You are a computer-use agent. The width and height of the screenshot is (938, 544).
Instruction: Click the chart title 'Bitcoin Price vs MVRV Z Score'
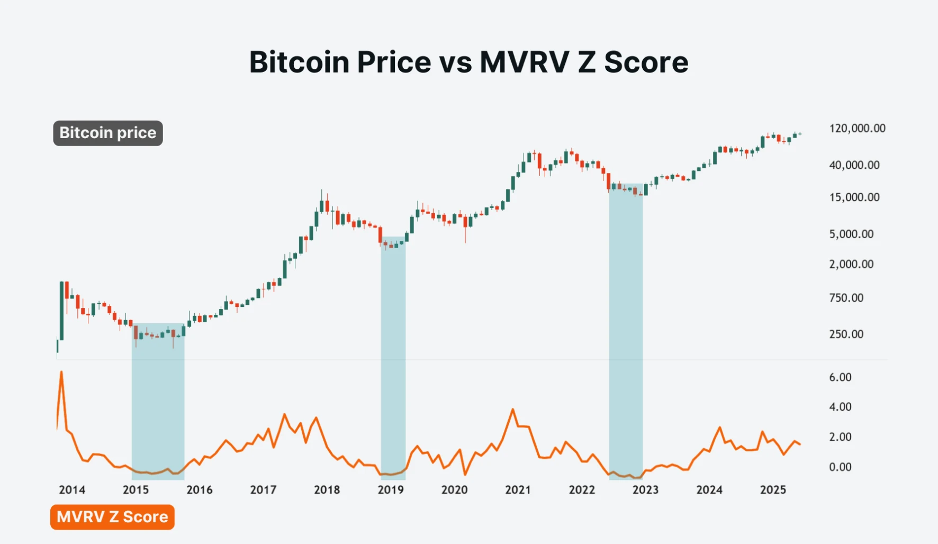(x=468, y=62)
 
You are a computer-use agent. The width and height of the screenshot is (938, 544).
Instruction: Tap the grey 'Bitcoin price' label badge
(x=108, y=133)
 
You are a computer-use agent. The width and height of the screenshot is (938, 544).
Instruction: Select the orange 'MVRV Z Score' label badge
(x=112, y=516)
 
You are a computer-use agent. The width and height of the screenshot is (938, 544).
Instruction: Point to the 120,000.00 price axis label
(x=857, y=129)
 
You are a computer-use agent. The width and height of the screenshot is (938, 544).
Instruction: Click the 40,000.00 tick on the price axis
(x=854, y=165)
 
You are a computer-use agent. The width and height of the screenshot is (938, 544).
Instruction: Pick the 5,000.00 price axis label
(x=851, y=234)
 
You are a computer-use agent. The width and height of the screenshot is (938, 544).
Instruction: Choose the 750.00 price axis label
(x=846, y=298)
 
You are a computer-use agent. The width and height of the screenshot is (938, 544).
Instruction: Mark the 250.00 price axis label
(x=846, y=334)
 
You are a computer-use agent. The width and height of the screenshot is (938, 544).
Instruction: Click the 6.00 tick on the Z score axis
(x=840, y=377)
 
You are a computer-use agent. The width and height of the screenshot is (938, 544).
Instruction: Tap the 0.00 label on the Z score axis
(x=840, y=467)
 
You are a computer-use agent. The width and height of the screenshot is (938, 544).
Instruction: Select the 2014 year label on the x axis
(x=72, y=490)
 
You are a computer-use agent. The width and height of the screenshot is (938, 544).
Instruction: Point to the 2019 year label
(x=391, y=490)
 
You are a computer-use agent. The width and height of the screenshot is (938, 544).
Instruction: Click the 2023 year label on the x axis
(x=645, y=490)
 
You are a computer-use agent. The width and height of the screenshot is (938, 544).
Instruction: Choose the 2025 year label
(x=773, y=490)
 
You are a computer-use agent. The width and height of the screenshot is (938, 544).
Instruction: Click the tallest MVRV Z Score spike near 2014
(x=61, y=373)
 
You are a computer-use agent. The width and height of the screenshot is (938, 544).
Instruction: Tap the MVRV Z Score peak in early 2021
(x=512, y=410)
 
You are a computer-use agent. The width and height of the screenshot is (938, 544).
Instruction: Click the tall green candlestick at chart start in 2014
(x=62, y=311)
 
